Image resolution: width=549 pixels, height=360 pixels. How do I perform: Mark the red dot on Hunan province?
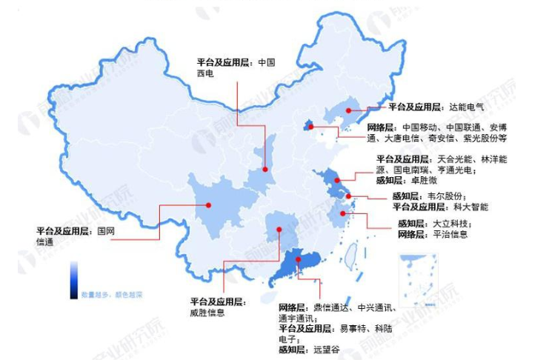279,230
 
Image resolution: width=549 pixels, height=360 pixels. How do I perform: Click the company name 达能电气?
466,107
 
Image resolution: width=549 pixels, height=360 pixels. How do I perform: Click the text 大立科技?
452,224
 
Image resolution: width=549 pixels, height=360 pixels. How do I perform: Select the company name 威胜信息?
207,312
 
